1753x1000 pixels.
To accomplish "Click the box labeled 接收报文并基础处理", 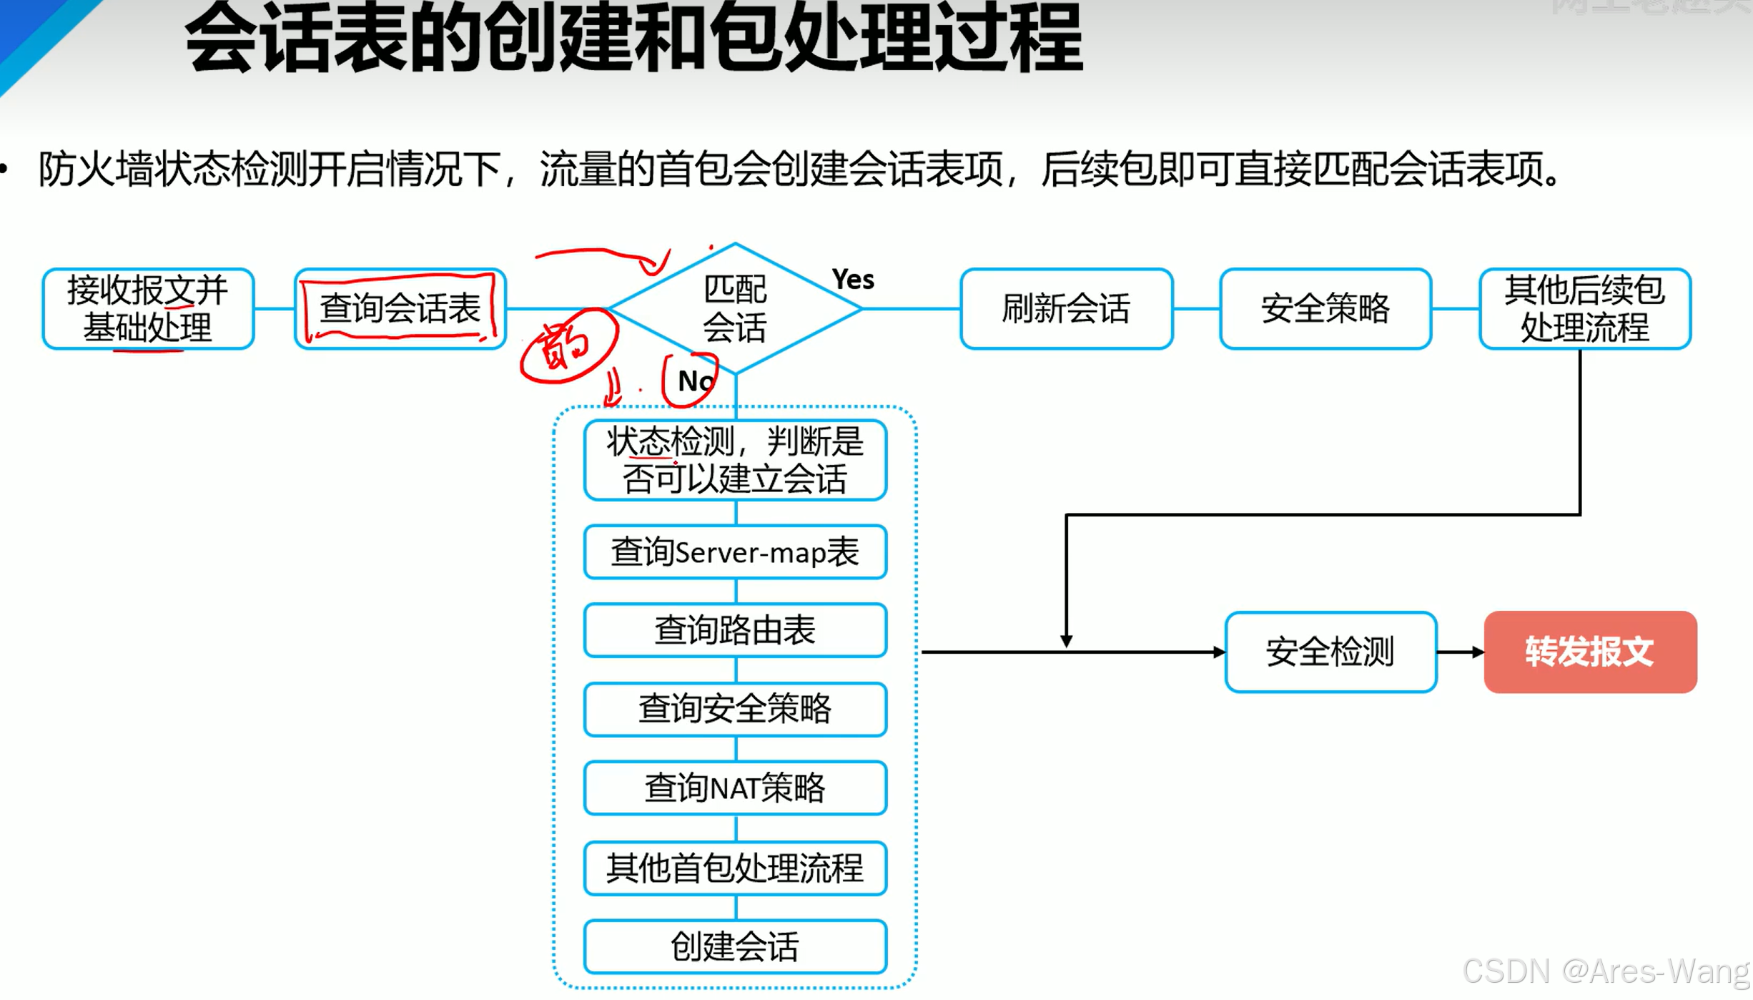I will click(x=148, y=309).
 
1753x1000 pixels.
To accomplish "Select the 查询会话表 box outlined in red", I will click(x=400, y=309).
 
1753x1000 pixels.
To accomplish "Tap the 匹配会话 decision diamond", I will click(x=735, y=309).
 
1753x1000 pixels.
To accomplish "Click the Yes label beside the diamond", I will click(x=852, y=279).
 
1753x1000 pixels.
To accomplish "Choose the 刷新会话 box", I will click(x=1066, y=309).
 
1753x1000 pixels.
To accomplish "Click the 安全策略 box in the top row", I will click(x=1325, y=309).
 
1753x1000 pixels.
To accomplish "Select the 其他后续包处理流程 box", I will click(x=1584, y=309).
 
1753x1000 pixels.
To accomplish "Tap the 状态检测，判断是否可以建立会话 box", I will click(x=735, y=460).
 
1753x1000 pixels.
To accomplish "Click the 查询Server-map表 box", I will click(x=735, y=552).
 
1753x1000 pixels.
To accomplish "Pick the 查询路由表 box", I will click(x=735, y=630).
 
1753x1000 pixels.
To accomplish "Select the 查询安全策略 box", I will click(x=735, y=709).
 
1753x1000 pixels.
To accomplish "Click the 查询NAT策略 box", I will click(x=735, y=788).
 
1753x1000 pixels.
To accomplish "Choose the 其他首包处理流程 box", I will click(x=735, y=868).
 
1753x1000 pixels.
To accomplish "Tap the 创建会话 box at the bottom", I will click(x=735, y=946).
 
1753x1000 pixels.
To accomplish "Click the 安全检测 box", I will click(x=1330, y=652).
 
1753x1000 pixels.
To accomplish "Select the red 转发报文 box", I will click(x=1590, y=652).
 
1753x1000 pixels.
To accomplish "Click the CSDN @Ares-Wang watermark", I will click(x=1604, y=971).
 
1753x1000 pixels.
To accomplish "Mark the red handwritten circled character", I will click(x=567, y=346).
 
